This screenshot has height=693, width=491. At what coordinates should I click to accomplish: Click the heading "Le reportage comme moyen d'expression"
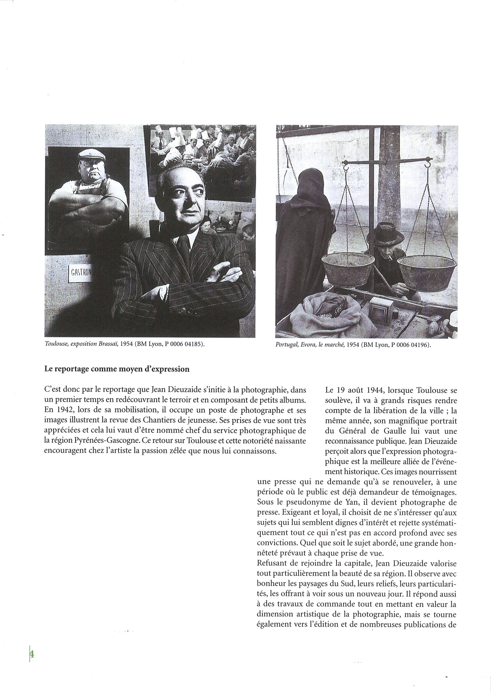(117, 369)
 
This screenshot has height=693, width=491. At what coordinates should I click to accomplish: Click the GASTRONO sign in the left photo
(80, 272)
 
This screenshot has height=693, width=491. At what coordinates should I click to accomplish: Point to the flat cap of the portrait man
(91, 155)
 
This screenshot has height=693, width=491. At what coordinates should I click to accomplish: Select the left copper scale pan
(348, 269)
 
